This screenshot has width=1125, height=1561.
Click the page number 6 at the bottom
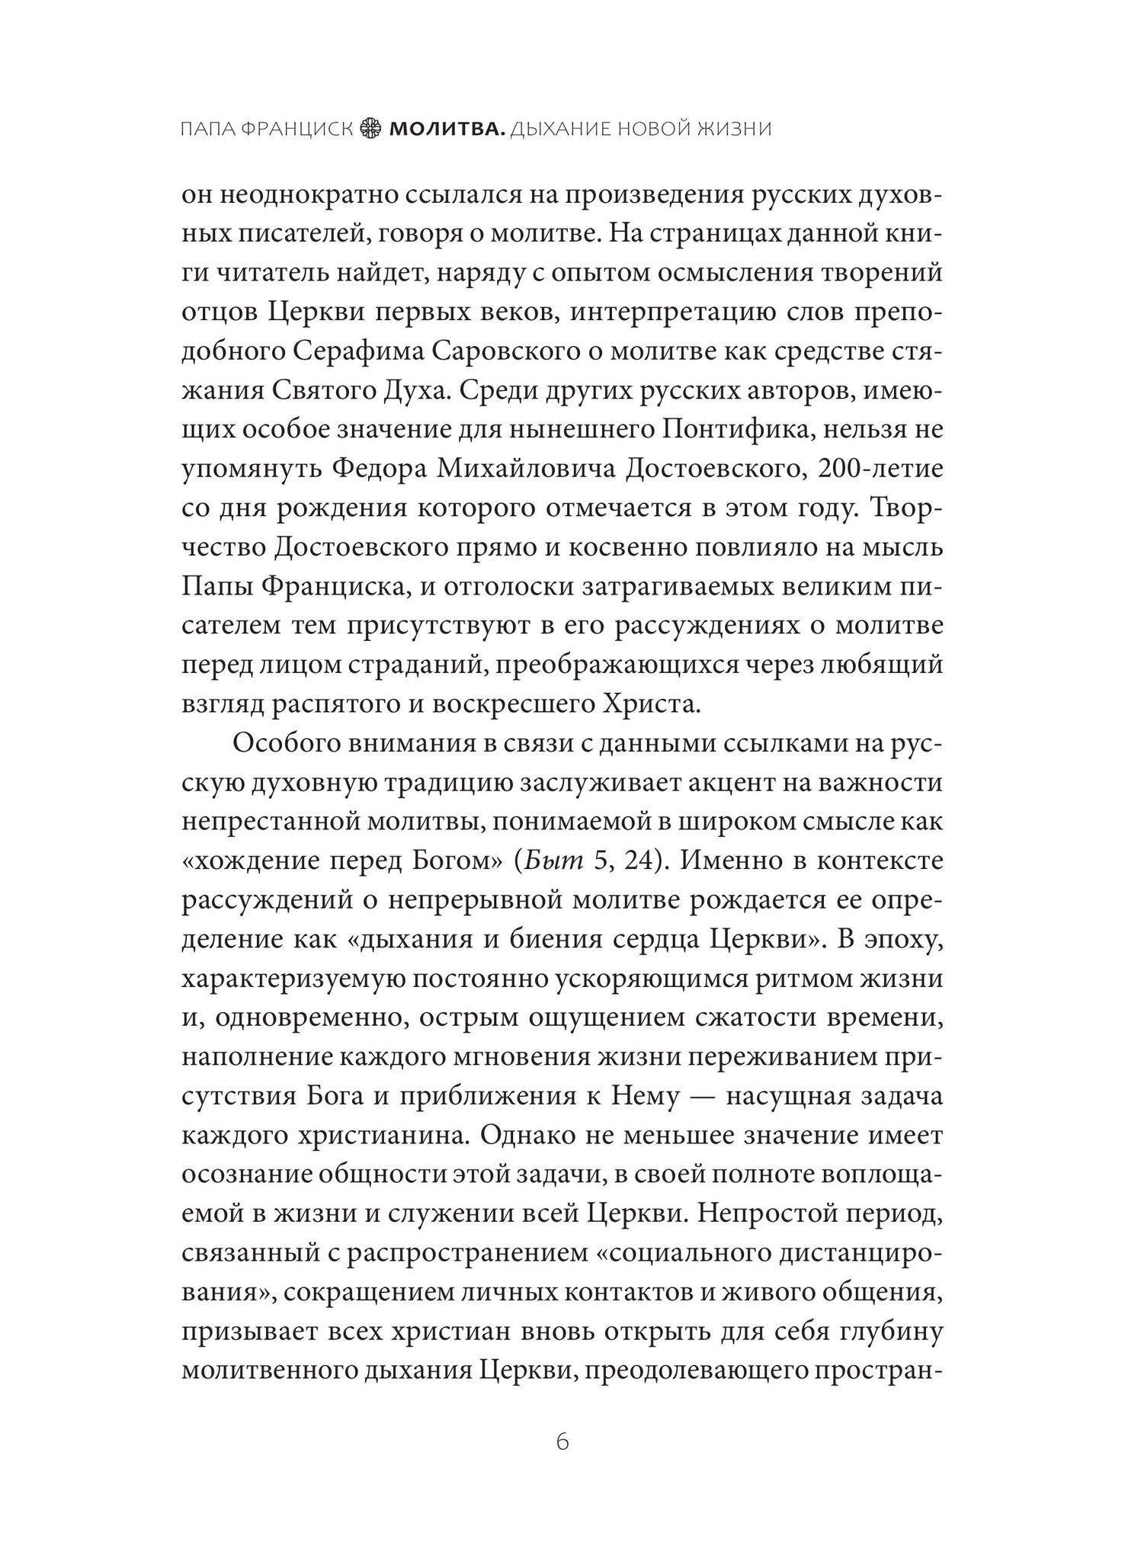click(x=562, y=1442)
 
